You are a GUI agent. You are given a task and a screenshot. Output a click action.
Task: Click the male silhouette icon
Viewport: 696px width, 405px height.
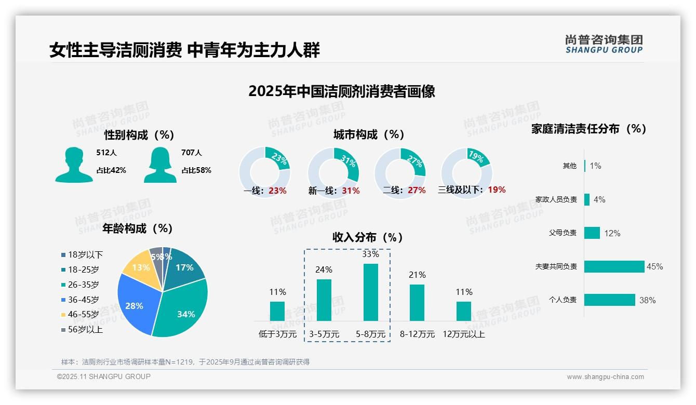(x=74, y=165)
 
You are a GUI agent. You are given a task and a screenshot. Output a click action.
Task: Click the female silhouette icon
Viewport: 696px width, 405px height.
(x=160, y=165)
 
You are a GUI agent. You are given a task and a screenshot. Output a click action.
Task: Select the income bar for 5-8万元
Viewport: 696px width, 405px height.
(x=370, y=292)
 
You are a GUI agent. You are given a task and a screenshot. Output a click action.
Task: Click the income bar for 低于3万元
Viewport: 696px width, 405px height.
(x=277, y=311)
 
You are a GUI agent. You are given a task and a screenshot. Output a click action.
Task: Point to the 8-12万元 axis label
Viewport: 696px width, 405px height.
(x=417, y=334)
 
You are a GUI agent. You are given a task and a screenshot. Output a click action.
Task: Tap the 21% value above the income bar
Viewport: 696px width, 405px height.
(x=417, y=275)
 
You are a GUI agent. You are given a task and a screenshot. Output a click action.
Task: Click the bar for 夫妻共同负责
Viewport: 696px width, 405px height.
(x=614, y=266)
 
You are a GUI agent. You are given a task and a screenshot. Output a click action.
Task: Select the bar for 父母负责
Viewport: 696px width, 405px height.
(x=592, y=233)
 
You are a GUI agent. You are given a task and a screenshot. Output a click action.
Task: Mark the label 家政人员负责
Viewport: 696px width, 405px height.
(x=556, y=199)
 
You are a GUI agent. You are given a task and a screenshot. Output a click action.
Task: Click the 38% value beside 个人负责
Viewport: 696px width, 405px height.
(x=647, y=300)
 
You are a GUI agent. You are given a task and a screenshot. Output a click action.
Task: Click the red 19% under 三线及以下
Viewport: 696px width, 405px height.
(x=497, y=190)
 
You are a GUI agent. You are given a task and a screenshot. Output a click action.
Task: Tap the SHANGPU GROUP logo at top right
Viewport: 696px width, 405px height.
(x=604, y=44)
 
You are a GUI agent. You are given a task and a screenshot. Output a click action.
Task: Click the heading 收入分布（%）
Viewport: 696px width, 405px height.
(x=368, y=237)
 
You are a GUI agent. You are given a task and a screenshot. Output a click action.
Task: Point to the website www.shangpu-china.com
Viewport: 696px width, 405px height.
(x=605, y=377)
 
